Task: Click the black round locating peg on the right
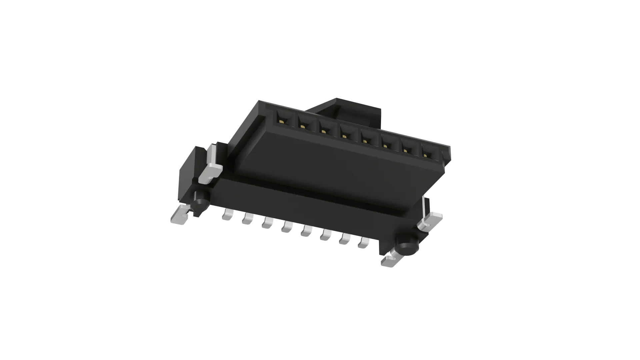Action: pyautogui.click(x=405, y=249)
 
